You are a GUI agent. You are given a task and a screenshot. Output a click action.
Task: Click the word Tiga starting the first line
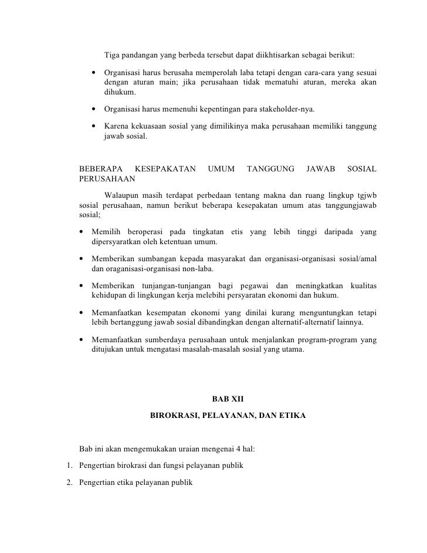(113, 56)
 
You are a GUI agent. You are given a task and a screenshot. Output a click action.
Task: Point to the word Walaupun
(122, 195)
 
